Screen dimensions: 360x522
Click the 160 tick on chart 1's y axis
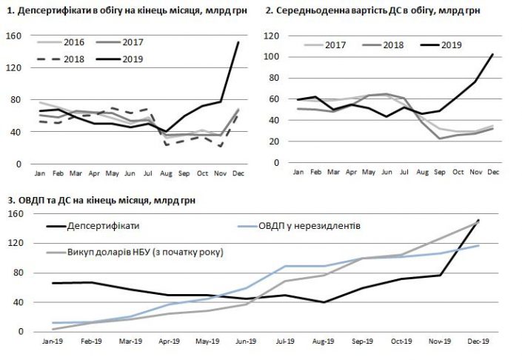(x=15, y=36)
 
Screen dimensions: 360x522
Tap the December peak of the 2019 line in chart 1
(x=237, y=42)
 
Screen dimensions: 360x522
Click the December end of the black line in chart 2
(x=492, y=54)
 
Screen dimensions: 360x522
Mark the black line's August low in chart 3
(x=324, y=302)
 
